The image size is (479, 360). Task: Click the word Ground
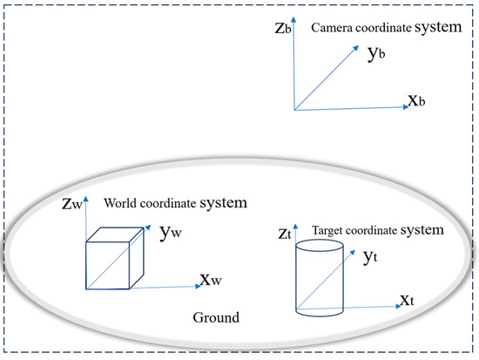click(x=215, y=317)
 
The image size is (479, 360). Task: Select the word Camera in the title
click(x=334, y=27)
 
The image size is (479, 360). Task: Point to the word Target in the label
click(x=330, y=230)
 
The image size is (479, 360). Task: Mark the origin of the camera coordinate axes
click(x=294, y=111)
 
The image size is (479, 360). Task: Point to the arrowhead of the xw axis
click(x=197, y=284)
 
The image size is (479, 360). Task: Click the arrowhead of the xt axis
click(x=395, y=307)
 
